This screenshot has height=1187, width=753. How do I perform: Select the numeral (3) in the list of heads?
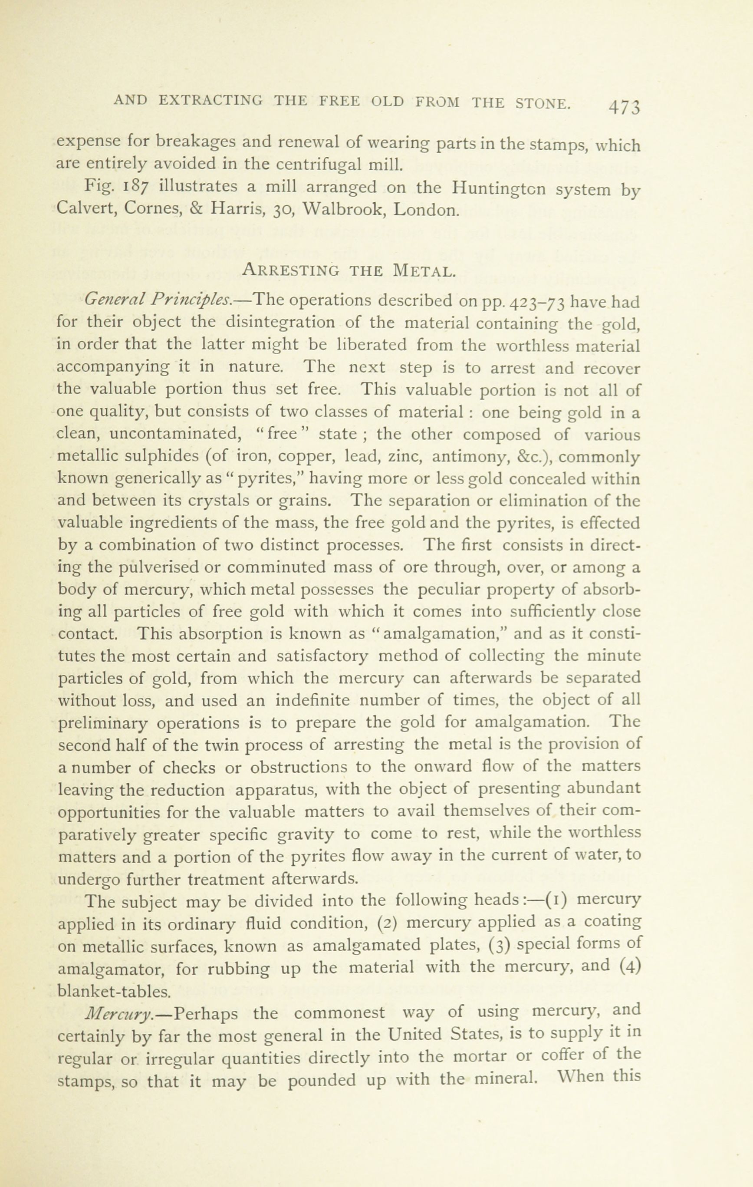click(x=499, y=945)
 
